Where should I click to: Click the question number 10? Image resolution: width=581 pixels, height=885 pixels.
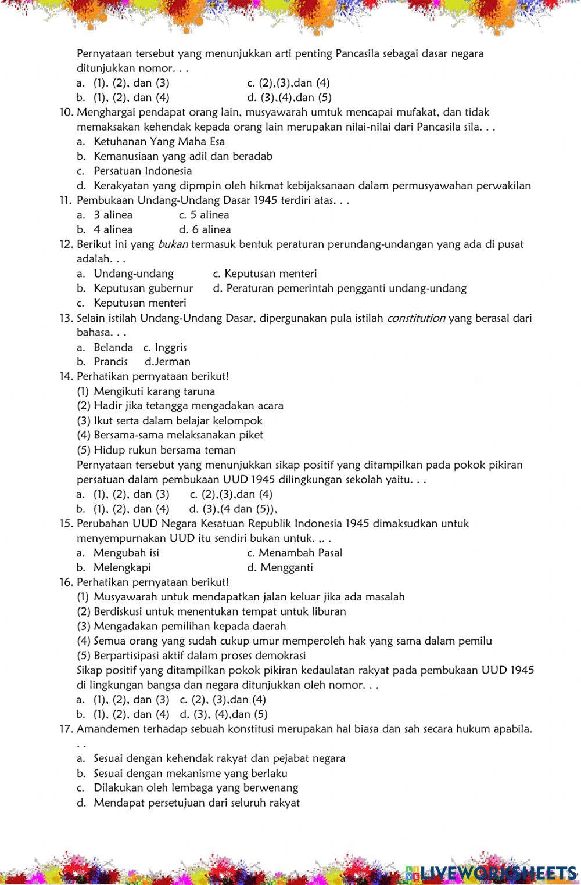[x=66, y=112]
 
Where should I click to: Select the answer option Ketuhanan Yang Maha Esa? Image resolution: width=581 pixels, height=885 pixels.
[x=159, y=142]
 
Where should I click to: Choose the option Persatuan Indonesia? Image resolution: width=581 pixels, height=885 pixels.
[x=142, y=171]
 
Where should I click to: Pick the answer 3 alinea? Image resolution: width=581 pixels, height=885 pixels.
[x=113, y=215]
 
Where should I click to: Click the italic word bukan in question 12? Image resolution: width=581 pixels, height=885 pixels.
[x=173, y=244]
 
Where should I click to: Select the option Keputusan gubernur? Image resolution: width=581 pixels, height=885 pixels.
[x=143, y=288]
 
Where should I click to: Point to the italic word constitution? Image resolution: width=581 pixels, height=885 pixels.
[x=415, y=318]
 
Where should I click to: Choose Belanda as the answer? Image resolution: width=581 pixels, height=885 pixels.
[x=113, y=347]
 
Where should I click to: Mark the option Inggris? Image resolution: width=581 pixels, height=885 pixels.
[x=170, y=347]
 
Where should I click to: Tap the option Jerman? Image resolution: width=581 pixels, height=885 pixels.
[x=172, y=362]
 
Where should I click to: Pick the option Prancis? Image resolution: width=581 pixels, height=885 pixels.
[x=110, y=362]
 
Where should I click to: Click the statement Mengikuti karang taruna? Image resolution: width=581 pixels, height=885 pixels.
[x=154, y=391]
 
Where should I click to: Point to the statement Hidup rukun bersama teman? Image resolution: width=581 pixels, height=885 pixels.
[x=164, y=450]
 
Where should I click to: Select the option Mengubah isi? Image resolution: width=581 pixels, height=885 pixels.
[x=126, y=553]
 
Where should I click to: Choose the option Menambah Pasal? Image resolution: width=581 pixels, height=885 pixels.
[x=300, y=553]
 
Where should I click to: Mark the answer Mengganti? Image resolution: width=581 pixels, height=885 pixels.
[x=286, y=567]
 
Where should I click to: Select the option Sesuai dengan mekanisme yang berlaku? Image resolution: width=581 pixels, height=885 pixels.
[x=190, y=774]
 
